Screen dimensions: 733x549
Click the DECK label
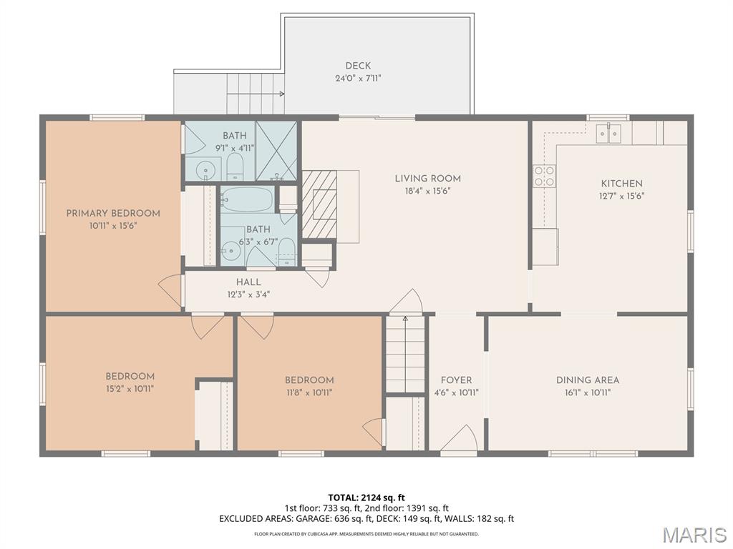click(x=358, y=66)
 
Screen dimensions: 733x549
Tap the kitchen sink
click(x=608, y=133)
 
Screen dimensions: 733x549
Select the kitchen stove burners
click(x=545, y=176)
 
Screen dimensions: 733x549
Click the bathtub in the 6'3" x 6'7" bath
click(x=247, y=200)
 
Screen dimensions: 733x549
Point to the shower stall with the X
click(x=276, y=151)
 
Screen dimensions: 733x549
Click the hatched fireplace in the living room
click(x=319, y=204)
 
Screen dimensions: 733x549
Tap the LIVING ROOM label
click(x=428, y=178)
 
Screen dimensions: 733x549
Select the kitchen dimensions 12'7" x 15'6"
click(x=622, y=196)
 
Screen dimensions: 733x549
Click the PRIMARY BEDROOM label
click(x=113, y=213)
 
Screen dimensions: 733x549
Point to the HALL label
click(x=248, y=282)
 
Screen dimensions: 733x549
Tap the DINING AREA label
click(x=588, y=380)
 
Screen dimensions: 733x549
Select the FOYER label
click(x=456, y=380)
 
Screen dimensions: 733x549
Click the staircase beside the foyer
click(x=405, y=355)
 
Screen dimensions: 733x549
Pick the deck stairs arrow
click(x=256, y=94)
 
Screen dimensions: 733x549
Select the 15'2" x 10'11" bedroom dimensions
click(x=130, y=388)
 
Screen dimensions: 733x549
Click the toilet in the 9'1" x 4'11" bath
click(x=235, y=167)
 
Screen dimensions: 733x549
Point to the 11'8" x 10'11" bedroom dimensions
click(x=309, y=392)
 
